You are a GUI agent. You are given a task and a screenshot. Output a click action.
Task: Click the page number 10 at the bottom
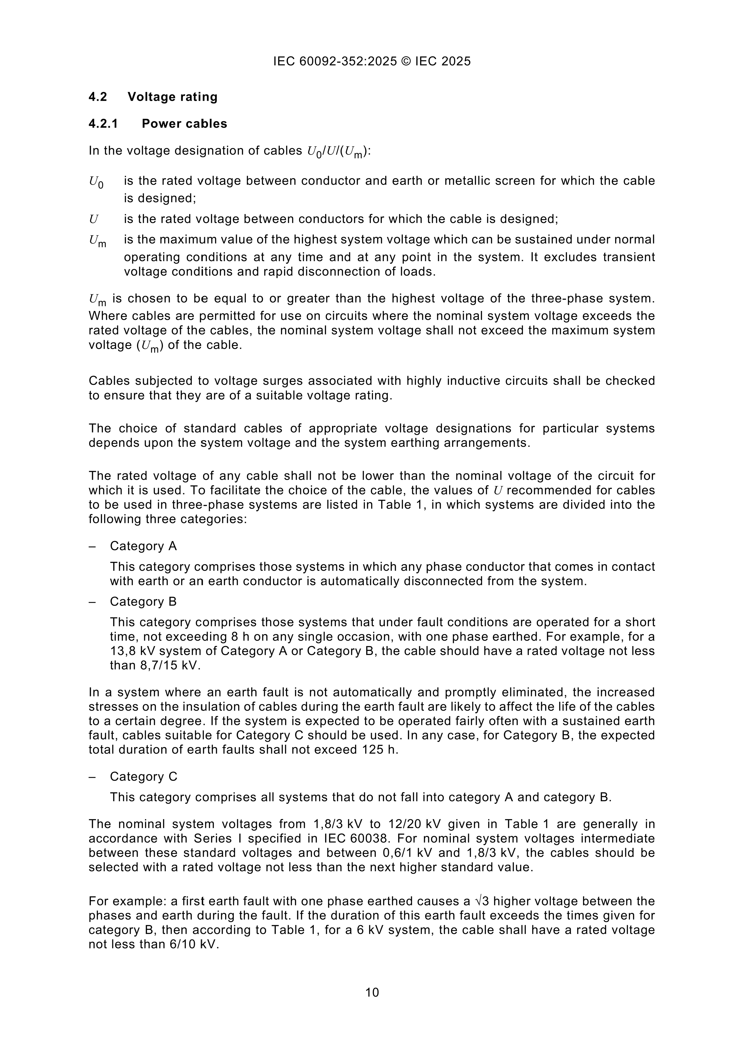pos(372,992)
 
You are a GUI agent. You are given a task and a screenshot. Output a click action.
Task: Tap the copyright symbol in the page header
pos(406,61)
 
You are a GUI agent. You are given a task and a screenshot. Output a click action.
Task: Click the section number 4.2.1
pos(103,124)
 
